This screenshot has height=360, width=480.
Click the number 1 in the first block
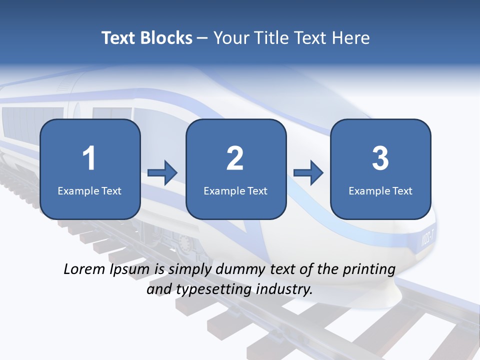pyautogui.click(x=89, y=158)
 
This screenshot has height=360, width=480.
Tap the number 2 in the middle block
pyautogui.click(x=235, y=158)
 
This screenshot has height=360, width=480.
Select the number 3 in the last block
pyautogui.click(x=380, y=158)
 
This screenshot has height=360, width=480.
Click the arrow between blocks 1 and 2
pyautogui.click(x=162, y=173)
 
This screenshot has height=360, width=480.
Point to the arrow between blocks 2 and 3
pyautogui.click(x=308, y=173)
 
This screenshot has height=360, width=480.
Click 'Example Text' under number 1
pyautogui.click(x=89, y=190)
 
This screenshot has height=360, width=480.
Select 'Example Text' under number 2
pyautogui.click(x=235, y=190)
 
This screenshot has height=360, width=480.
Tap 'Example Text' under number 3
pyautogui.click(x=380, y=190)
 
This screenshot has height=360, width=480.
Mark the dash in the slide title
pyautogui.click(x=202, y=38)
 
